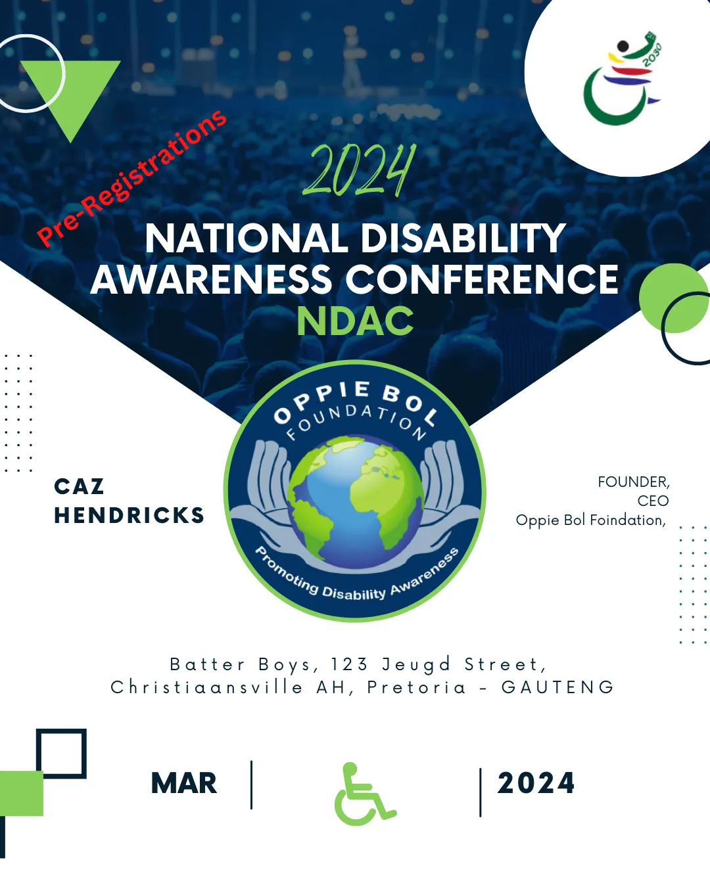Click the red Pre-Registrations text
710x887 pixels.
coord(131,178)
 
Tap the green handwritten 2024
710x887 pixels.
coord(359,170)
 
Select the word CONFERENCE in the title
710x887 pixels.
coord(482,279)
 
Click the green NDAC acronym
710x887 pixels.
coord(355,321)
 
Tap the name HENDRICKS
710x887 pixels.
coord(129,515)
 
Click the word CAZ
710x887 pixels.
coord(79,486)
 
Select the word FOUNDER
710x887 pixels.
coord(633,482)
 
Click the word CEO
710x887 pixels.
coord(653,501)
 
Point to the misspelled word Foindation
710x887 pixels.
coord(628,520)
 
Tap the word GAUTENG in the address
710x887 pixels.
coord(557,687)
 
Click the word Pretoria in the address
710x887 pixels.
coord(417,687)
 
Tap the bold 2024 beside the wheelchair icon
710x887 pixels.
coord(536,783)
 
